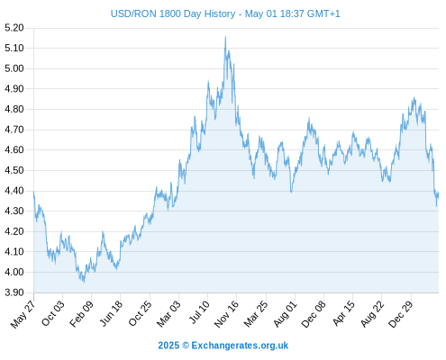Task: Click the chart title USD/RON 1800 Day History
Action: click(173, 13)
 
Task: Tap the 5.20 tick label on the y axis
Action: click(14, 28)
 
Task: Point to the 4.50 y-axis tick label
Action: click(14, 170)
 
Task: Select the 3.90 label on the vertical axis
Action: click(14, 292)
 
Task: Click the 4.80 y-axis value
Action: click(14, 109)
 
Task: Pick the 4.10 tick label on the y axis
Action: click(14, 251)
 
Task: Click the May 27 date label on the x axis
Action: click(23, 314)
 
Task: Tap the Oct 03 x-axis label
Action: click(53, 313)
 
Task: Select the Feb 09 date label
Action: click(81, 314)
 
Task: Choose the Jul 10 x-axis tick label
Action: click(199, 312)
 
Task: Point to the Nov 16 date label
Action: click(226, 314)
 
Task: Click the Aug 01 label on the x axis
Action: click(286, 314)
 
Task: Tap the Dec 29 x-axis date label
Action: click(401, 314)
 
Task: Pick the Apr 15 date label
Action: click(344, 313)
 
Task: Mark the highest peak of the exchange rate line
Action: click(225, 37)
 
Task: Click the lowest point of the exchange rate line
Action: click(84, 282)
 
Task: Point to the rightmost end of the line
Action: click(439, 193)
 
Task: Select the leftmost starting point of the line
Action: click(33, 192)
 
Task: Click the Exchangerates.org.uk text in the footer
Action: click(240, 346)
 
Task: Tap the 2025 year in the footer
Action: click(168, 346)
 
